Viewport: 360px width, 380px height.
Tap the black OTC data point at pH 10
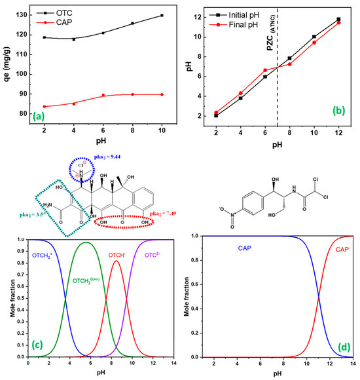tap(162, 15)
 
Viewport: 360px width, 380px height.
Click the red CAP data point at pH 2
tap(44, 106)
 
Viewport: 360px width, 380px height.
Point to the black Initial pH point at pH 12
tap(338, 19)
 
